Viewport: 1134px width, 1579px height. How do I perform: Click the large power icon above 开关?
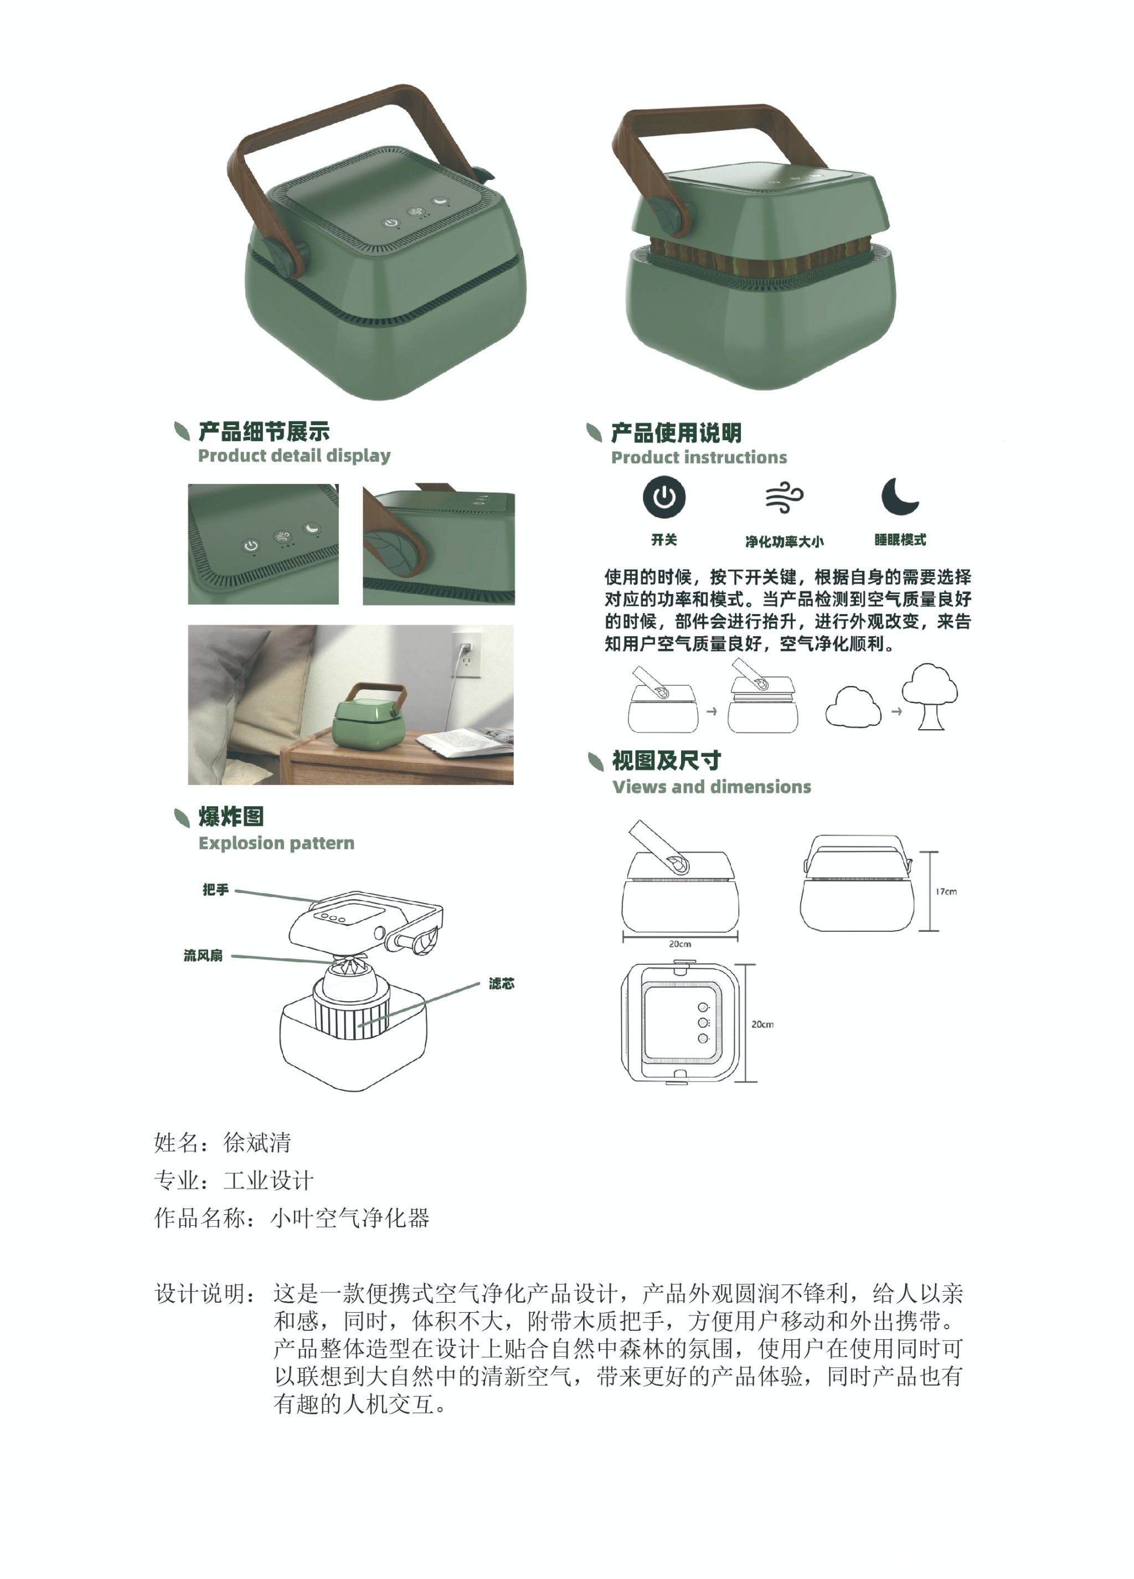coord(663,497)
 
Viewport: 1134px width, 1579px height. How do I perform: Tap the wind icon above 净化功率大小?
coord(784,497)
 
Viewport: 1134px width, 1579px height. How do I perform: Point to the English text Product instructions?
coord(699,457)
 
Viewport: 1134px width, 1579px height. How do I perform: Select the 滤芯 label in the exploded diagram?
coord(501,984)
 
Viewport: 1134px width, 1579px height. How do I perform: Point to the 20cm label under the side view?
coord(679,944)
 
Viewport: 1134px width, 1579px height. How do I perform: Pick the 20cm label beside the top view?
coord(762,1024)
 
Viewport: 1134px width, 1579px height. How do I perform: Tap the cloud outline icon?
coord(853,708)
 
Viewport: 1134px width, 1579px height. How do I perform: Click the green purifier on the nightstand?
coord(369,716)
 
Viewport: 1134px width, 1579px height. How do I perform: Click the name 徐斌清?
coord(257,1143)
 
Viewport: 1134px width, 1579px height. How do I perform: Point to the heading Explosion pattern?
coord(276,843)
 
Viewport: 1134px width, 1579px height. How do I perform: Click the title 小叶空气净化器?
coord(349,1217)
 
